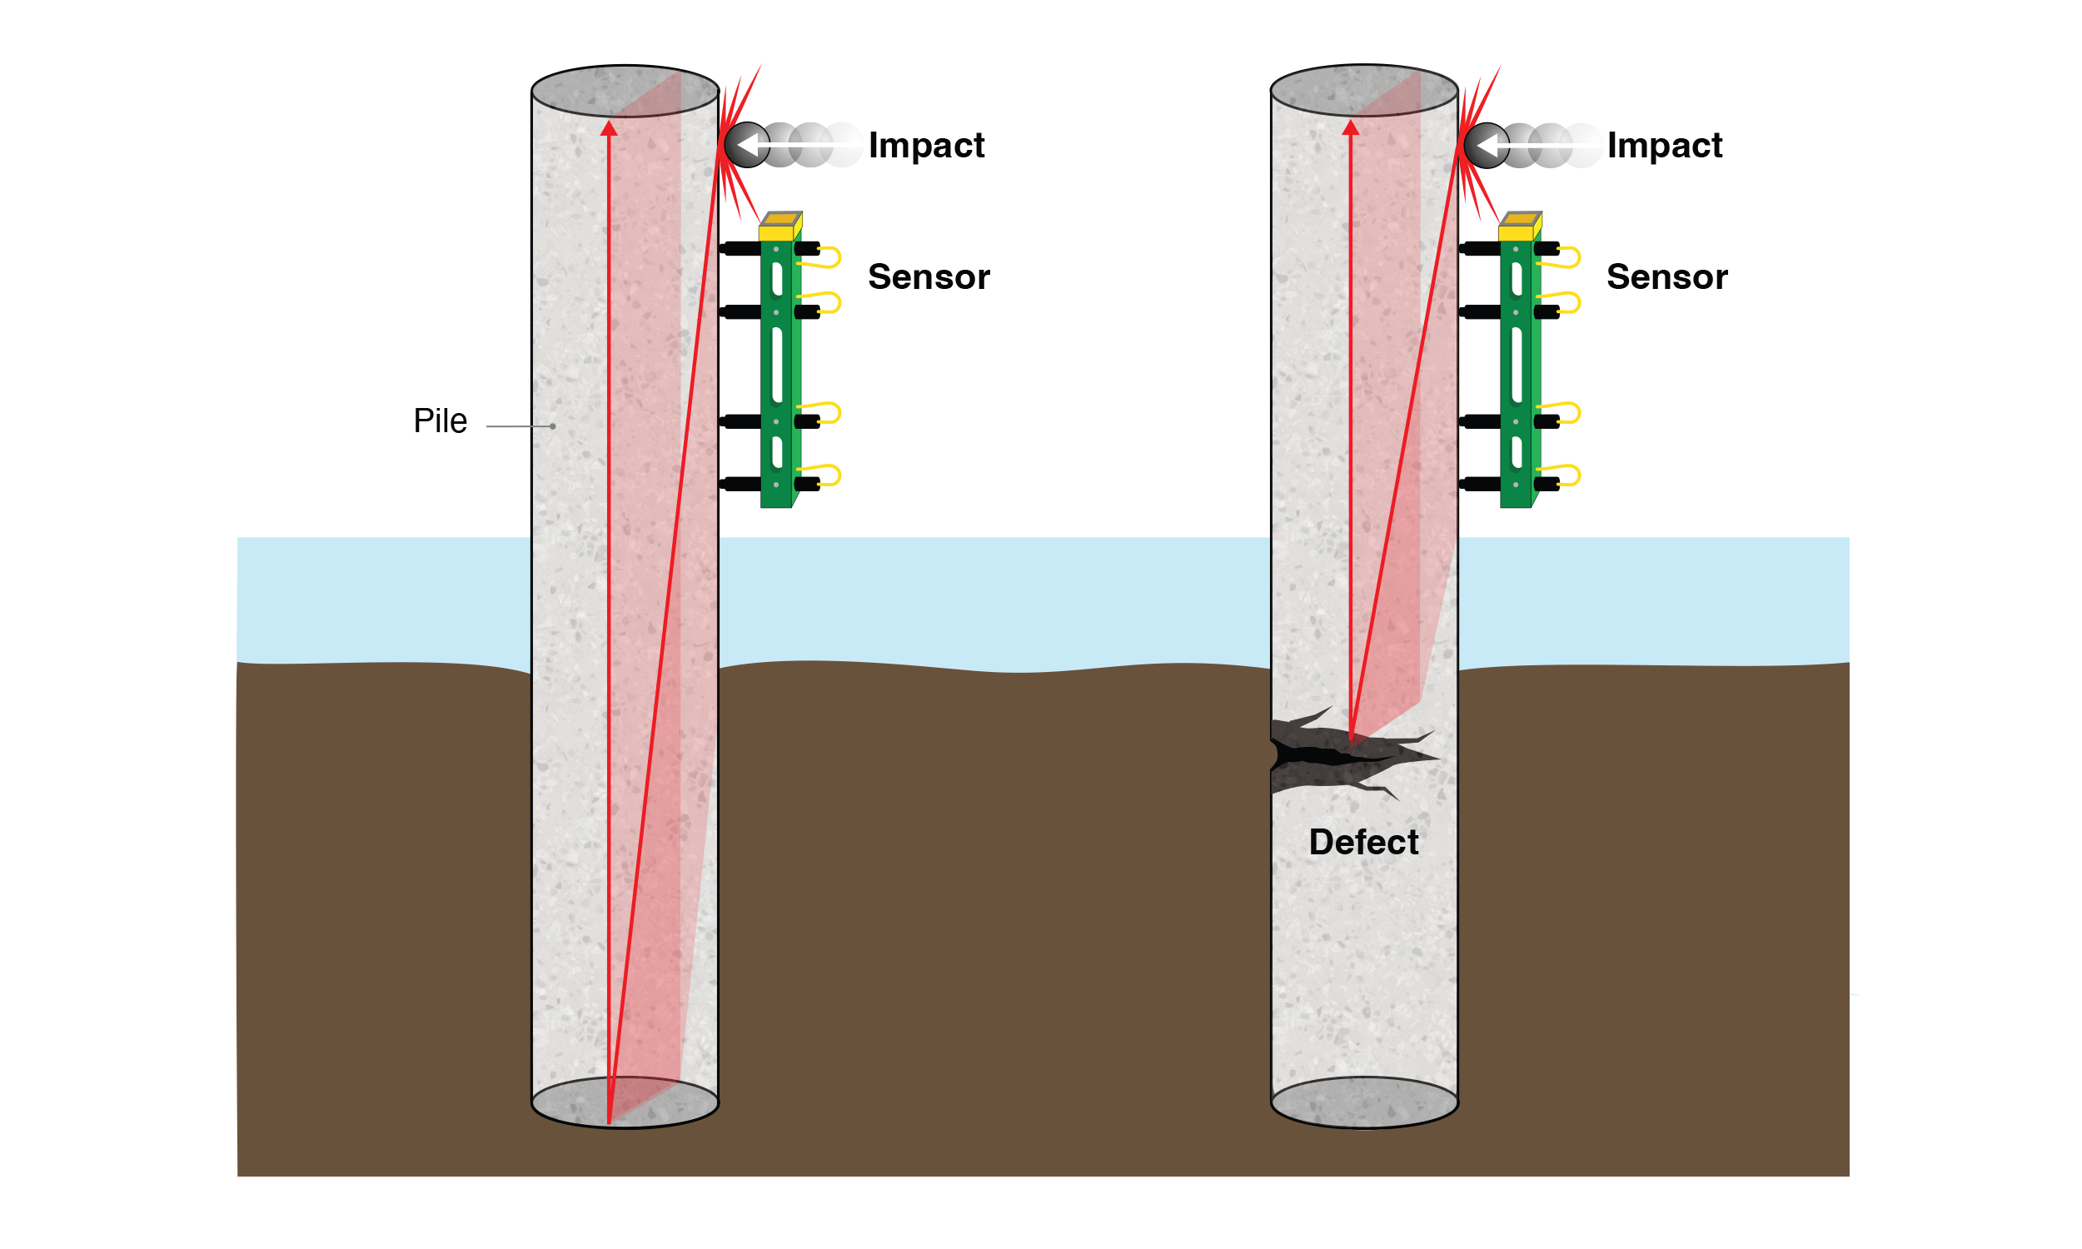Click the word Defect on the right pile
(1363, 843)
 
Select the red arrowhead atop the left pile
(609, 128)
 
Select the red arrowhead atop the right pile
(1350, 128)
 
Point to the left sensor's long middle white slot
(777, 366)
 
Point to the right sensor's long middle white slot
(1517, 366)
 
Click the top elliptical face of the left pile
(625, 91)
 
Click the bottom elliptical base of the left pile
(625, 1102)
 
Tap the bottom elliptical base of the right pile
(1364, 1102)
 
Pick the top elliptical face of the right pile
(1364, 91)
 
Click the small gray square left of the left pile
(507, 439)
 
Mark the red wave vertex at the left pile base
(609, 1122)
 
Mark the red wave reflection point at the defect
(1351, 739)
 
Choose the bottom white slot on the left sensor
(777, 452)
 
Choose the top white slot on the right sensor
(1517, 280)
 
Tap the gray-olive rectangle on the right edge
(1965, 828)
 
